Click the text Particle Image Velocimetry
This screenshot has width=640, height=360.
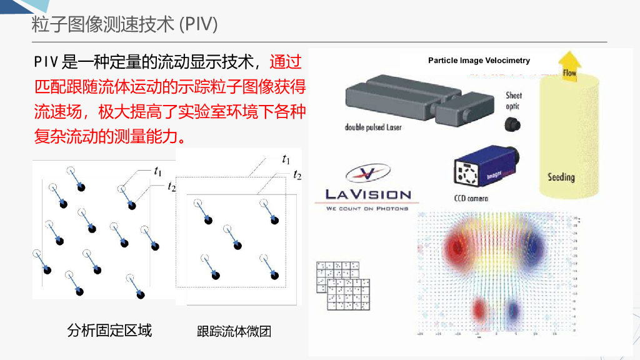pos(479,61)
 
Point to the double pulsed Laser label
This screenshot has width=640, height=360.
pos(373,127)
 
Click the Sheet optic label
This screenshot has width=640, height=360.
pos(514,101)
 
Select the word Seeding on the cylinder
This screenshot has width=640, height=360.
pos(561,177)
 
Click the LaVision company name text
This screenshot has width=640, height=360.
pos(367,194)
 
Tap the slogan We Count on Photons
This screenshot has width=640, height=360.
pos(367,208)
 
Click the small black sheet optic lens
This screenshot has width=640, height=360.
pos(513,124)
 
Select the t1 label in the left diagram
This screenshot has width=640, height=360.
pos(157,171)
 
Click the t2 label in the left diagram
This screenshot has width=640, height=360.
pos(171,186)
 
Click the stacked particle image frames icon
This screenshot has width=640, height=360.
pos(342,285)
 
